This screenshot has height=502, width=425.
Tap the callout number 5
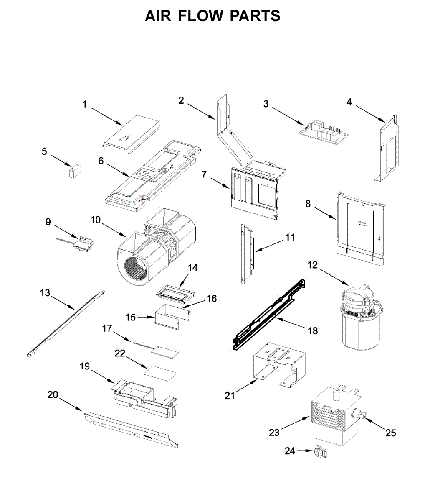tap(44, 151)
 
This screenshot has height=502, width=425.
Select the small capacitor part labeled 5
tap(75, 172)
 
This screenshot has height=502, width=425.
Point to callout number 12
tap(312, 265)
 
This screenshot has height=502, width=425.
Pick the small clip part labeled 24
tap(320, 451)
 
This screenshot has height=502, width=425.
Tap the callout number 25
tap(390, 433)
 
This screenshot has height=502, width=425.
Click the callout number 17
tap(107, 329)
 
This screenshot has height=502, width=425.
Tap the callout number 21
tap(230, 395)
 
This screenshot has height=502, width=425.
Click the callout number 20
tap(53, 394)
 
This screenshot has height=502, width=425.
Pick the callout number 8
tap(308, 204)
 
